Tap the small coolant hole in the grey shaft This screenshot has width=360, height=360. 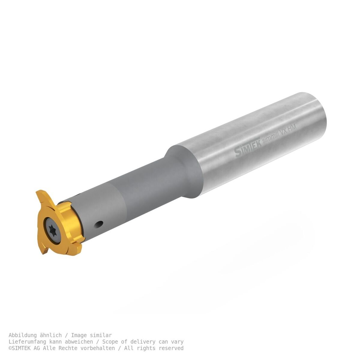(99, 224)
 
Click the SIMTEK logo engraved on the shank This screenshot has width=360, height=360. (247, 148)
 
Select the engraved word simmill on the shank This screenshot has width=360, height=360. (271, 137)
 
